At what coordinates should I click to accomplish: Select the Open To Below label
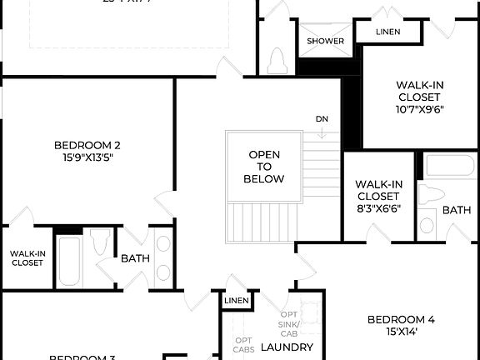click(264, 167)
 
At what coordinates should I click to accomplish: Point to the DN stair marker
click(322, 118)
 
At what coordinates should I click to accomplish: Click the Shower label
click(325, 41)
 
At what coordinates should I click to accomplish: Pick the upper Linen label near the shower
click(387, 32)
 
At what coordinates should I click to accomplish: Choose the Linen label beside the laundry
click(237, 300)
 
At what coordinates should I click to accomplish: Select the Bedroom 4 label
click(402, 319)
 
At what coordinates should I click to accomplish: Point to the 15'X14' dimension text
click(402, 332)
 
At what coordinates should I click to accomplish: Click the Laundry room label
click(287, 347)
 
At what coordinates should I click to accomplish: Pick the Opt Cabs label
click(243, 345)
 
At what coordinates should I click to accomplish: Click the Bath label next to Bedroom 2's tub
click(135, 258)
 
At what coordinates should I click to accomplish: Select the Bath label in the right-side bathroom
click(456, 210)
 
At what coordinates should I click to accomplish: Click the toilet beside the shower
click(277, 59)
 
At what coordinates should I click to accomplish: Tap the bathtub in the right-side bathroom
click(450, 165)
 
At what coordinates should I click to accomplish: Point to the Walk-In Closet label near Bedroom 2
click(27, 257)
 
